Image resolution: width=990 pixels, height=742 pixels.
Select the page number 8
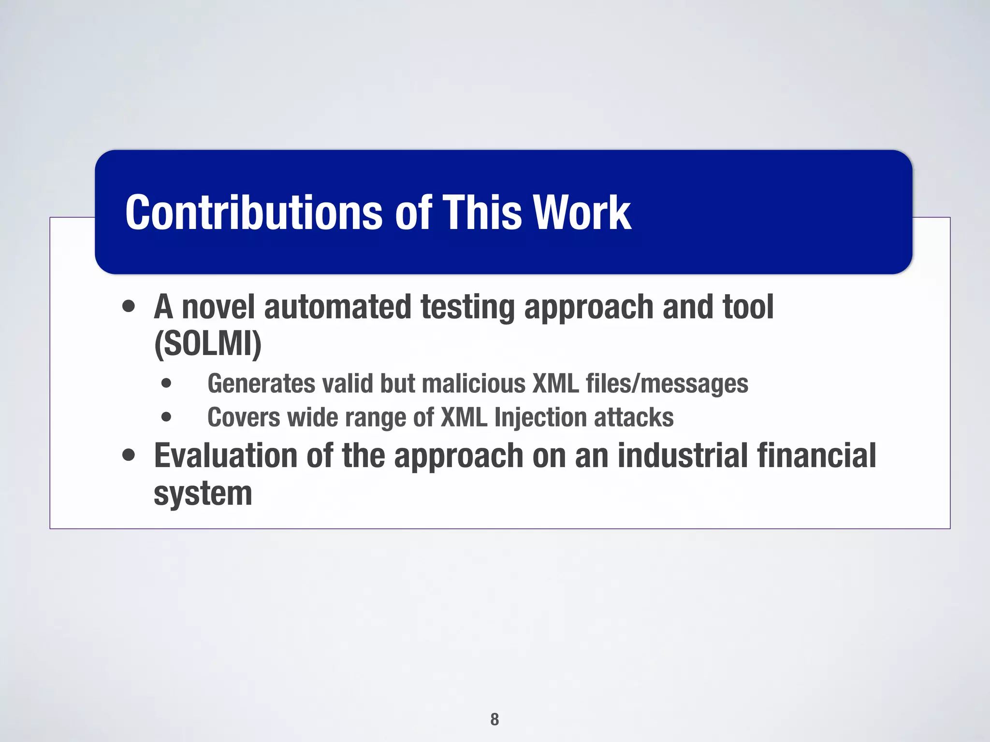(495, 719)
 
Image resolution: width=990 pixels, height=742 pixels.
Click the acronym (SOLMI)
(208, 344)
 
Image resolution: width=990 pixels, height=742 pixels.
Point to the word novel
(218, 307)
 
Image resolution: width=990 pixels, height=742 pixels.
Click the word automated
(337, 307)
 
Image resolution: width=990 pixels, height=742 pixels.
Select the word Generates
(262, 384)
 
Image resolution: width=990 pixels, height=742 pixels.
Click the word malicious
(473, 384)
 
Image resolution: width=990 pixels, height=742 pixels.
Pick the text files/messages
(667, 384)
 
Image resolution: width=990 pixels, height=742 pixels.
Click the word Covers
(243, 417)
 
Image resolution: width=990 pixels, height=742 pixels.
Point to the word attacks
(634, 417)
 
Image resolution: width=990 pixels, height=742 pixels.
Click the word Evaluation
(225, 456)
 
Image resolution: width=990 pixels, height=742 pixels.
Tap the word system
(203, 494)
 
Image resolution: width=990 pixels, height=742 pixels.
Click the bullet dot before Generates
(166, 384)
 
